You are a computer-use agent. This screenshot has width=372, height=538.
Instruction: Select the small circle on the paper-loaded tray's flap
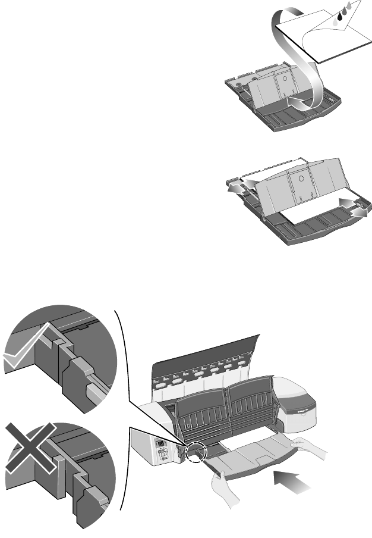(302, 177)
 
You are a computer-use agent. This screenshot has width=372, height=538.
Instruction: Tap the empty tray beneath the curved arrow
(279, 113)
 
